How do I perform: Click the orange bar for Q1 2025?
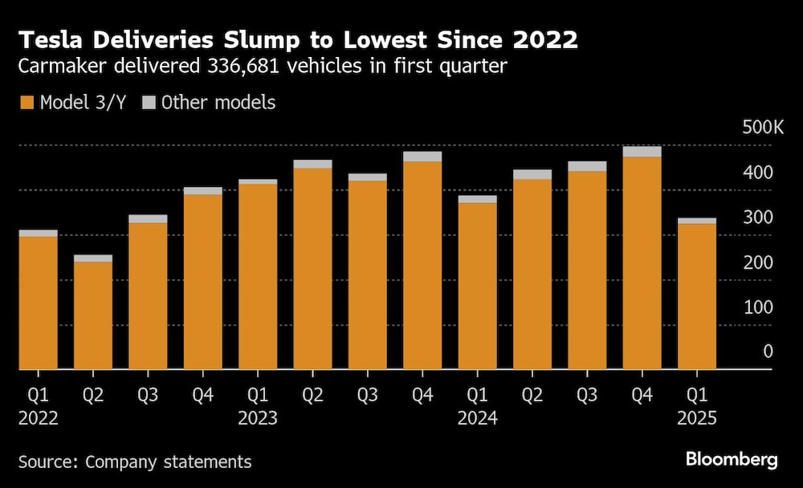pos(696,297)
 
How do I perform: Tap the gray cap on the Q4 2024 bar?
pos(642,152)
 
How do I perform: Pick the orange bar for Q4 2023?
pos(422,265)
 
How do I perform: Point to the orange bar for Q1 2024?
pos(477,286)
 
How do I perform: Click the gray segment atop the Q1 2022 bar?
pos(38,233)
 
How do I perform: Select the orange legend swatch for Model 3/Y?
pos(26,103)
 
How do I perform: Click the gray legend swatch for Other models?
pos(149,103)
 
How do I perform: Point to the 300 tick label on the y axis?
pos(759,218)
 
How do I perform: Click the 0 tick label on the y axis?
pos(768,352)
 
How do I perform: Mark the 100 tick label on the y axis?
pos(759,307)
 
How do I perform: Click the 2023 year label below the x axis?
pos(258,419)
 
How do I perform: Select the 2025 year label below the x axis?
pos(696,419)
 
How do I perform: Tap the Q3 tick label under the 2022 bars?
pos(148,396)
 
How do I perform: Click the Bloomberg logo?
pos(731,459)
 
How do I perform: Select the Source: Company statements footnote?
pos(134,462)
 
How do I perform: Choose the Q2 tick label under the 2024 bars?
pos(532,396)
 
